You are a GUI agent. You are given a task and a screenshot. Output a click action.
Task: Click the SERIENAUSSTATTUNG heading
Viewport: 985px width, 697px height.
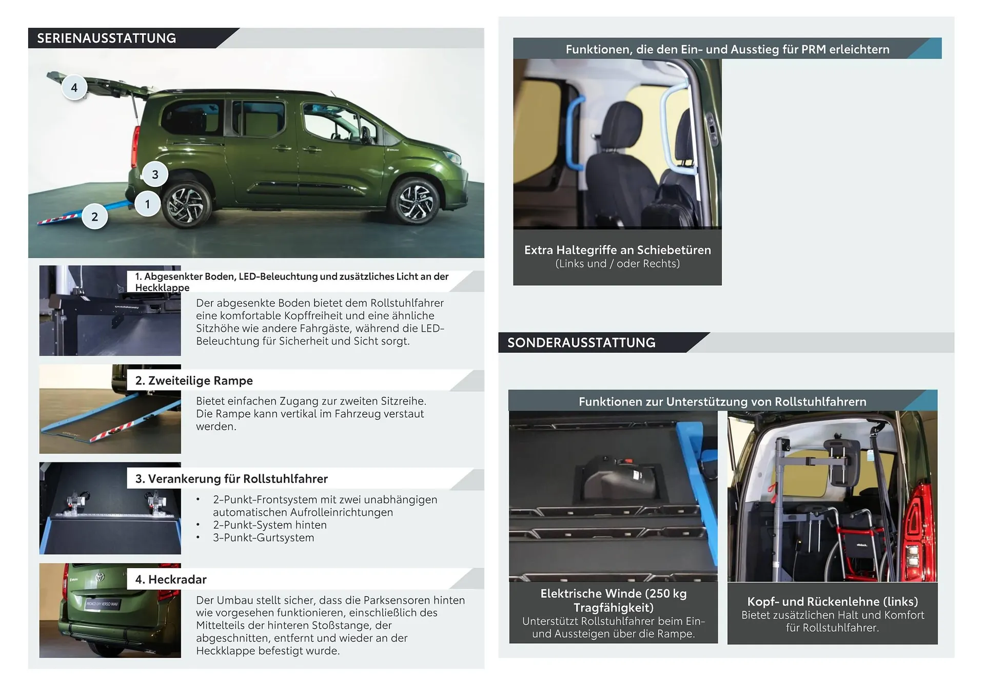(107, 38)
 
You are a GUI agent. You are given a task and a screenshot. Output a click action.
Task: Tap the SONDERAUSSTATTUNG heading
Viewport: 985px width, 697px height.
(581, 342)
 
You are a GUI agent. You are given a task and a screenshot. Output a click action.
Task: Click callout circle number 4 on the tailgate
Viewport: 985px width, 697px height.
(74, 87)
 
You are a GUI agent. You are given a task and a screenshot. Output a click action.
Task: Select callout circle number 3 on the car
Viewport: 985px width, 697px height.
(155, 175)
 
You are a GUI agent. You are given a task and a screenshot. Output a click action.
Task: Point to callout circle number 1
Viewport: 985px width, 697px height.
(148, 204)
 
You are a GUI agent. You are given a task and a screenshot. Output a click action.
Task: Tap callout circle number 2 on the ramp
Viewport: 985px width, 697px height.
(95, 217)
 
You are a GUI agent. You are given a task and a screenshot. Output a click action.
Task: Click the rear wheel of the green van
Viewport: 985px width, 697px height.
(185, 205)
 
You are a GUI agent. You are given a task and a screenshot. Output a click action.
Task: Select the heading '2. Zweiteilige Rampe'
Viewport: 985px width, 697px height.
(194, 380)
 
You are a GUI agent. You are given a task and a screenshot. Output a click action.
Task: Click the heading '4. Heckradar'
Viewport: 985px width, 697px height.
(171, 579)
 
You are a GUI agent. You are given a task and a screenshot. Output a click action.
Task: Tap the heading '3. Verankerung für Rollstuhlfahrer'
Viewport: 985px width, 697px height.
(231, 479)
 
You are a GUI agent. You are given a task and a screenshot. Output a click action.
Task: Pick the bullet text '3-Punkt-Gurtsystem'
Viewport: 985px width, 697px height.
(264, 537)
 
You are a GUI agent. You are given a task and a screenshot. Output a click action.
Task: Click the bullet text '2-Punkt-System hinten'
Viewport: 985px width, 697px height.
(270, 525)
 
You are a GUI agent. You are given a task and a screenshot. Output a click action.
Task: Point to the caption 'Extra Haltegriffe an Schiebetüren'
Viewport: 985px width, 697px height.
(618, 250)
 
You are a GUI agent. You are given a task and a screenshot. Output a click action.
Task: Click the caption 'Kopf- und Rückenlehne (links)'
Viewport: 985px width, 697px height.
(833, 602)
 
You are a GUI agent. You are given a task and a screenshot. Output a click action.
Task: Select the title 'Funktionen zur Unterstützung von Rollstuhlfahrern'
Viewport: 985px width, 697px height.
(722, 401)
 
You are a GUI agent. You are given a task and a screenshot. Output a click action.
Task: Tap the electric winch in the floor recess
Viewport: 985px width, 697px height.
(618, 477)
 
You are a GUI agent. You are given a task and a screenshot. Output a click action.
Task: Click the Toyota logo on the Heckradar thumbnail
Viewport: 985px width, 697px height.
(100, 577)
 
